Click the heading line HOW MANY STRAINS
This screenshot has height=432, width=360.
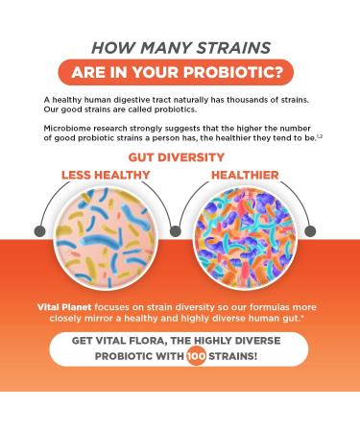point(180,46)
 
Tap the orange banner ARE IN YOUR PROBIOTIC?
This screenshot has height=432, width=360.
point(180,73)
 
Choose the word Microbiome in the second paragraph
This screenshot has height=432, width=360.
point(65,126)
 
